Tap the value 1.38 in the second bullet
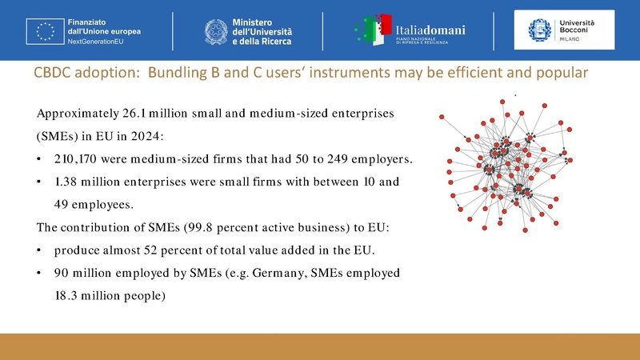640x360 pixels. point(68,182)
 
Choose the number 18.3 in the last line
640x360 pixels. point(70,297)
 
